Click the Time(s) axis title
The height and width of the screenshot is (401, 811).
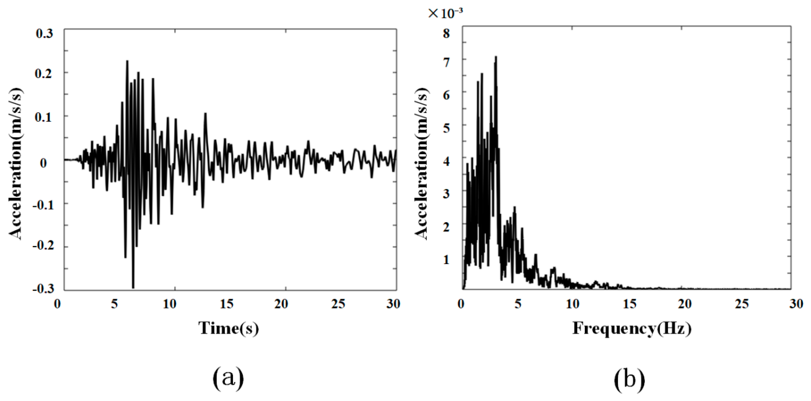pyautogui.click(x=229, y=328)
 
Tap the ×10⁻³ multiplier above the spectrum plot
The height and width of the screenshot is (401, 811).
pyautogui.click(x=445, y=13)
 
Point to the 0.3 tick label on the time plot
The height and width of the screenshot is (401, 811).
pyautogui.click(x=44, y=34)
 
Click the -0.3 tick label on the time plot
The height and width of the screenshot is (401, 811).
pyautogui.click(x=43, y=289)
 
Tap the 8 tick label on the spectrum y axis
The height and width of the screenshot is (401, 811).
pyautogui.click(x=446, y=33)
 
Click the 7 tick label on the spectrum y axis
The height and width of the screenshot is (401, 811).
pyautogui.click(x=446, y=63)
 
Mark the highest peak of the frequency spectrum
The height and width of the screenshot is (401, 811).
pyautogui.click(x=496, y=57)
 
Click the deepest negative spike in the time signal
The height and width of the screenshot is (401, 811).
pyautogui.click(x=133, y=287)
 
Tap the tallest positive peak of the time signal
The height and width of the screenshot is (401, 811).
pyautogui.click(x=127, y=61)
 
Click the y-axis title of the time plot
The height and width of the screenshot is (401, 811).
pyautogui.click(x=16, y=164)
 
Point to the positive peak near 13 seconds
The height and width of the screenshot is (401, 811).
pyautogui.click(x=205, y=114)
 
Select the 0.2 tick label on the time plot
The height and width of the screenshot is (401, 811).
pyautogui.click(x=44, y=74)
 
